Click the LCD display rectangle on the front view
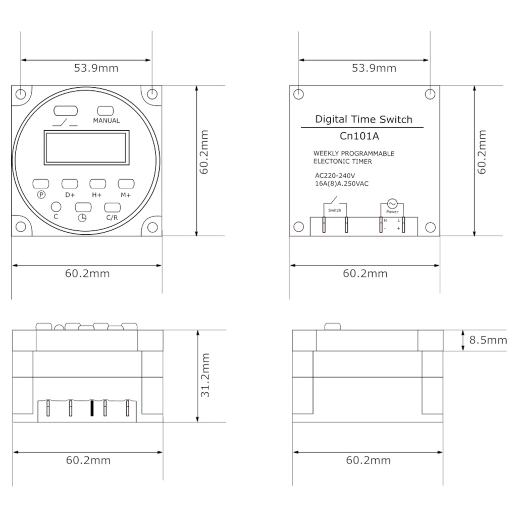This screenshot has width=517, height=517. (x=86, y=147)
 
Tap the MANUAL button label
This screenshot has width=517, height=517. (x=107, y=121)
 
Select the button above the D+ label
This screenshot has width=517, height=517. (x=70, y=184)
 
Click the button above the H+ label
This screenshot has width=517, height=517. (x=97, y=184)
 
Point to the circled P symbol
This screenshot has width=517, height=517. (x=41, y=195)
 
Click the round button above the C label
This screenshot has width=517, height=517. (x=56, y=206)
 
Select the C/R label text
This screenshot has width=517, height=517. (x=112, y=218)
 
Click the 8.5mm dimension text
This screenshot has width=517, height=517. (x=488, y=340)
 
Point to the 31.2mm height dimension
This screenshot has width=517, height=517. (x=205, y=375)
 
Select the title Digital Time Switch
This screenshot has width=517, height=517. (x=364, y=120)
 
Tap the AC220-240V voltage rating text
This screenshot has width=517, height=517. (x=335, y=176)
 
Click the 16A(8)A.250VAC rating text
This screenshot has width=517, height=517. (x=341, y=184)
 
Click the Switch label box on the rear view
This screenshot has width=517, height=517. (x=335, y=210)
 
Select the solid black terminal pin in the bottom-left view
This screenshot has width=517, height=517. (x=92, y=408)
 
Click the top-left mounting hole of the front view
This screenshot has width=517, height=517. (x=21, y=94)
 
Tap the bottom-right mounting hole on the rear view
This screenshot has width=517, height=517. (x=430, y=227)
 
